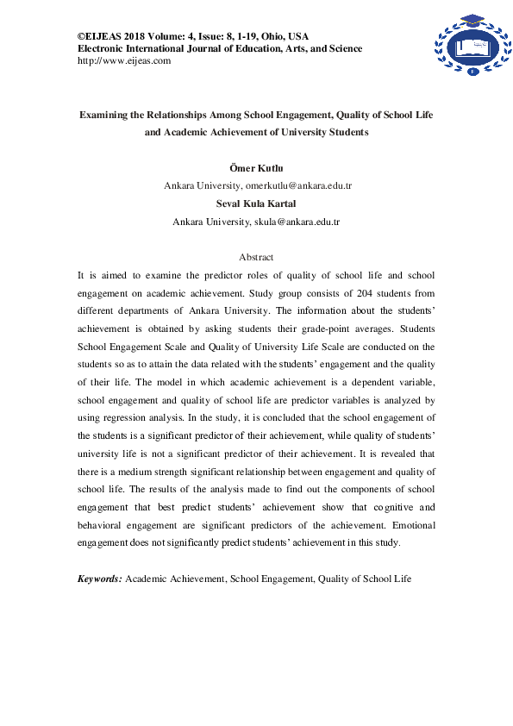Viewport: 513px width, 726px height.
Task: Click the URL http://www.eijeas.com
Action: (124, 60)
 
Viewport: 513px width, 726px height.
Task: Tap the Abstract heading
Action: (256, 257)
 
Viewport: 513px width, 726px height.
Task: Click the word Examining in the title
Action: (107, 113)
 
